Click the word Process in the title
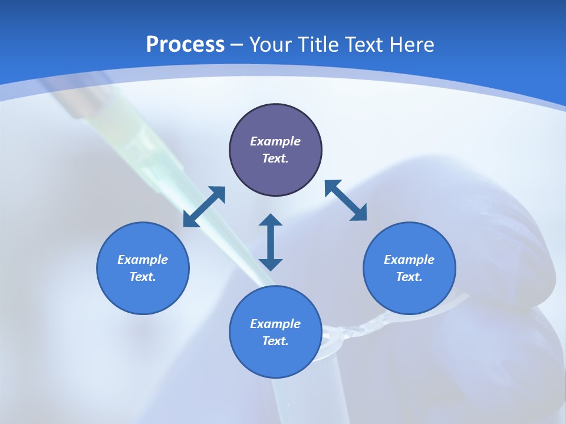[185, 45]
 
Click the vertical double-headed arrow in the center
[271, 242]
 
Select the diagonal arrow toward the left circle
[204, 207]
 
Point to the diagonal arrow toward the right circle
[346, 201]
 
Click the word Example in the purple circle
[275, 141]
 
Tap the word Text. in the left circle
[143, 277]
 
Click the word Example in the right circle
[409, 260]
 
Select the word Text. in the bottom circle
[275, 341]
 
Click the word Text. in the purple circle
[275, 158]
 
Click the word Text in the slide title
[365, 45]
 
